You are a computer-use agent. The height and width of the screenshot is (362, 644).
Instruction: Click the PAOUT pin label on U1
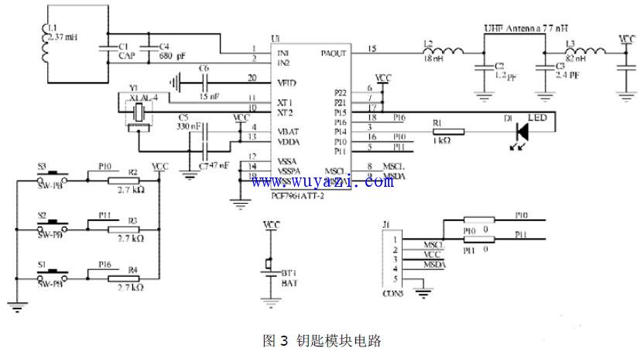[334, 53]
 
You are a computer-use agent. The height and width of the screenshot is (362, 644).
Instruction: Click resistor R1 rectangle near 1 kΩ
[447, 132]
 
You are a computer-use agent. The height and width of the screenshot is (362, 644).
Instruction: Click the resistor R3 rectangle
[123, 230]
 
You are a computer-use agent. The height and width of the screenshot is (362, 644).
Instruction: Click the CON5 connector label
[392, 294]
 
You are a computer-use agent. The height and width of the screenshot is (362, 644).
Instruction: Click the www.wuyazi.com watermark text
[322, 181]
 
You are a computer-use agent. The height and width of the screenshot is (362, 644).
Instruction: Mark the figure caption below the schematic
[322, 340]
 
